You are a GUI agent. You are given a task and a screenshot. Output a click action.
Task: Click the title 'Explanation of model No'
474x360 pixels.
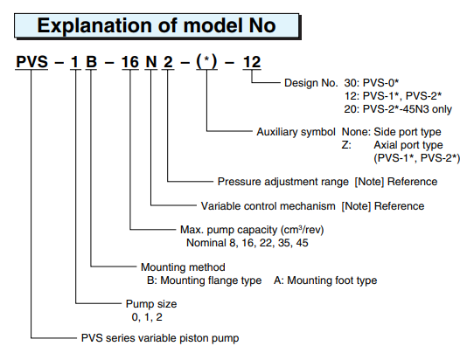(x=157, y=25)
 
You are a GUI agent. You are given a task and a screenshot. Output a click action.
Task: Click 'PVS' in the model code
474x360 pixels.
(x=31, y=62)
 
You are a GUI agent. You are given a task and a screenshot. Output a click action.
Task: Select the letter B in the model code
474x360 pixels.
(x=91, y=62)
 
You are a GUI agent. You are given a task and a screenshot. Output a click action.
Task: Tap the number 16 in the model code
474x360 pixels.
(x=130, y=62)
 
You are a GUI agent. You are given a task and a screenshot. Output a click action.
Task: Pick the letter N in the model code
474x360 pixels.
(x=151, y=62)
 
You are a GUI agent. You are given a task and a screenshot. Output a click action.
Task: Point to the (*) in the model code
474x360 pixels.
(x=206, y=62)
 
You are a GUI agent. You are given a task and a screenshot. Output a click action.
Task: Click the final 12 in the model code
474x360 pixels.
(x=252, y=62)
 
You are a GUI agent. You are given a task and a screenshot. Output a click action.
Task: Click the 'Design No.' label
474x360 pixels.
(x=310, y=83)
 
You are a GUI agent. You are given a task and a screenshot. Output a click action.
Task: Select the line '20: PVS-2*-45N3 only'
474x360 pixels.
(x=398, y=109)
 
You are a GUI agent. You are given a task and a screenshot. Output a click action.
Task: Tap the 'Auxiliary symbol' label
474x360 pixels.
(x=296, y=132)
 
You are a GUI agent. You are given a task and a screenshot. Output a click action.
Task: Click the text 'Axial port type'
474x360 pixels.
(x=408, y=145)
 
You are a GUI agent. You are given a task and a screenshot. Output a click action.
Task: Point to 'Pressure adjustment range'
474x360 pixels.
(x=283, y=182)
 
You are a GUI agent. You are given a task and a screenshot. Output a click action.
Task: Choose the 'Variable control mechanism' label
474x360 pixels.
(x=268, y=206)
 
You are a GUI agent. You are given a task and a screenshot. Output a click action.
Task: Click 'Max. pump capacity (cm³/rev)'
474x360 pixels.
(x=252, y=230)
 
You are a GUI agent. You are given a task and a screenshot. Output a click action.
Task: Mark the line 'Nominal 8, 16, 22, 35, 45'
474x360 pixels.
(x=247, y=243)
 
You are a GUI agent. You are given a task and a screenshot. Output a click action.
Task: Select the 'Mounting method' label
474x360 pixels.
(x=183, y=267)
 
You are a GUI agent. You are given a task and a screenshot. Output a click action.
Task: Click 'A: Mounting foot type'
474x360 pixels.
(x=325, y=280)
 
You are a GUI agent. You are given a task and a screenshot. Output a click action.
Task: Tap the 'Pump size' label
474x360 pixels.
(x=151, y=304)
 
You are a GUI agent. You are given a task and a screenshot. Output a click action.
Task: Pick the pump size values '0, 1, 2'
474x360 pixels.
(x=147, y=317)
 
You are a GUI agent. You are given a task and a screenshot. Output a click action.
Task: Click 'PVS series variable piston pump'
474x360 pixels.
(x=160, y=338)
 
